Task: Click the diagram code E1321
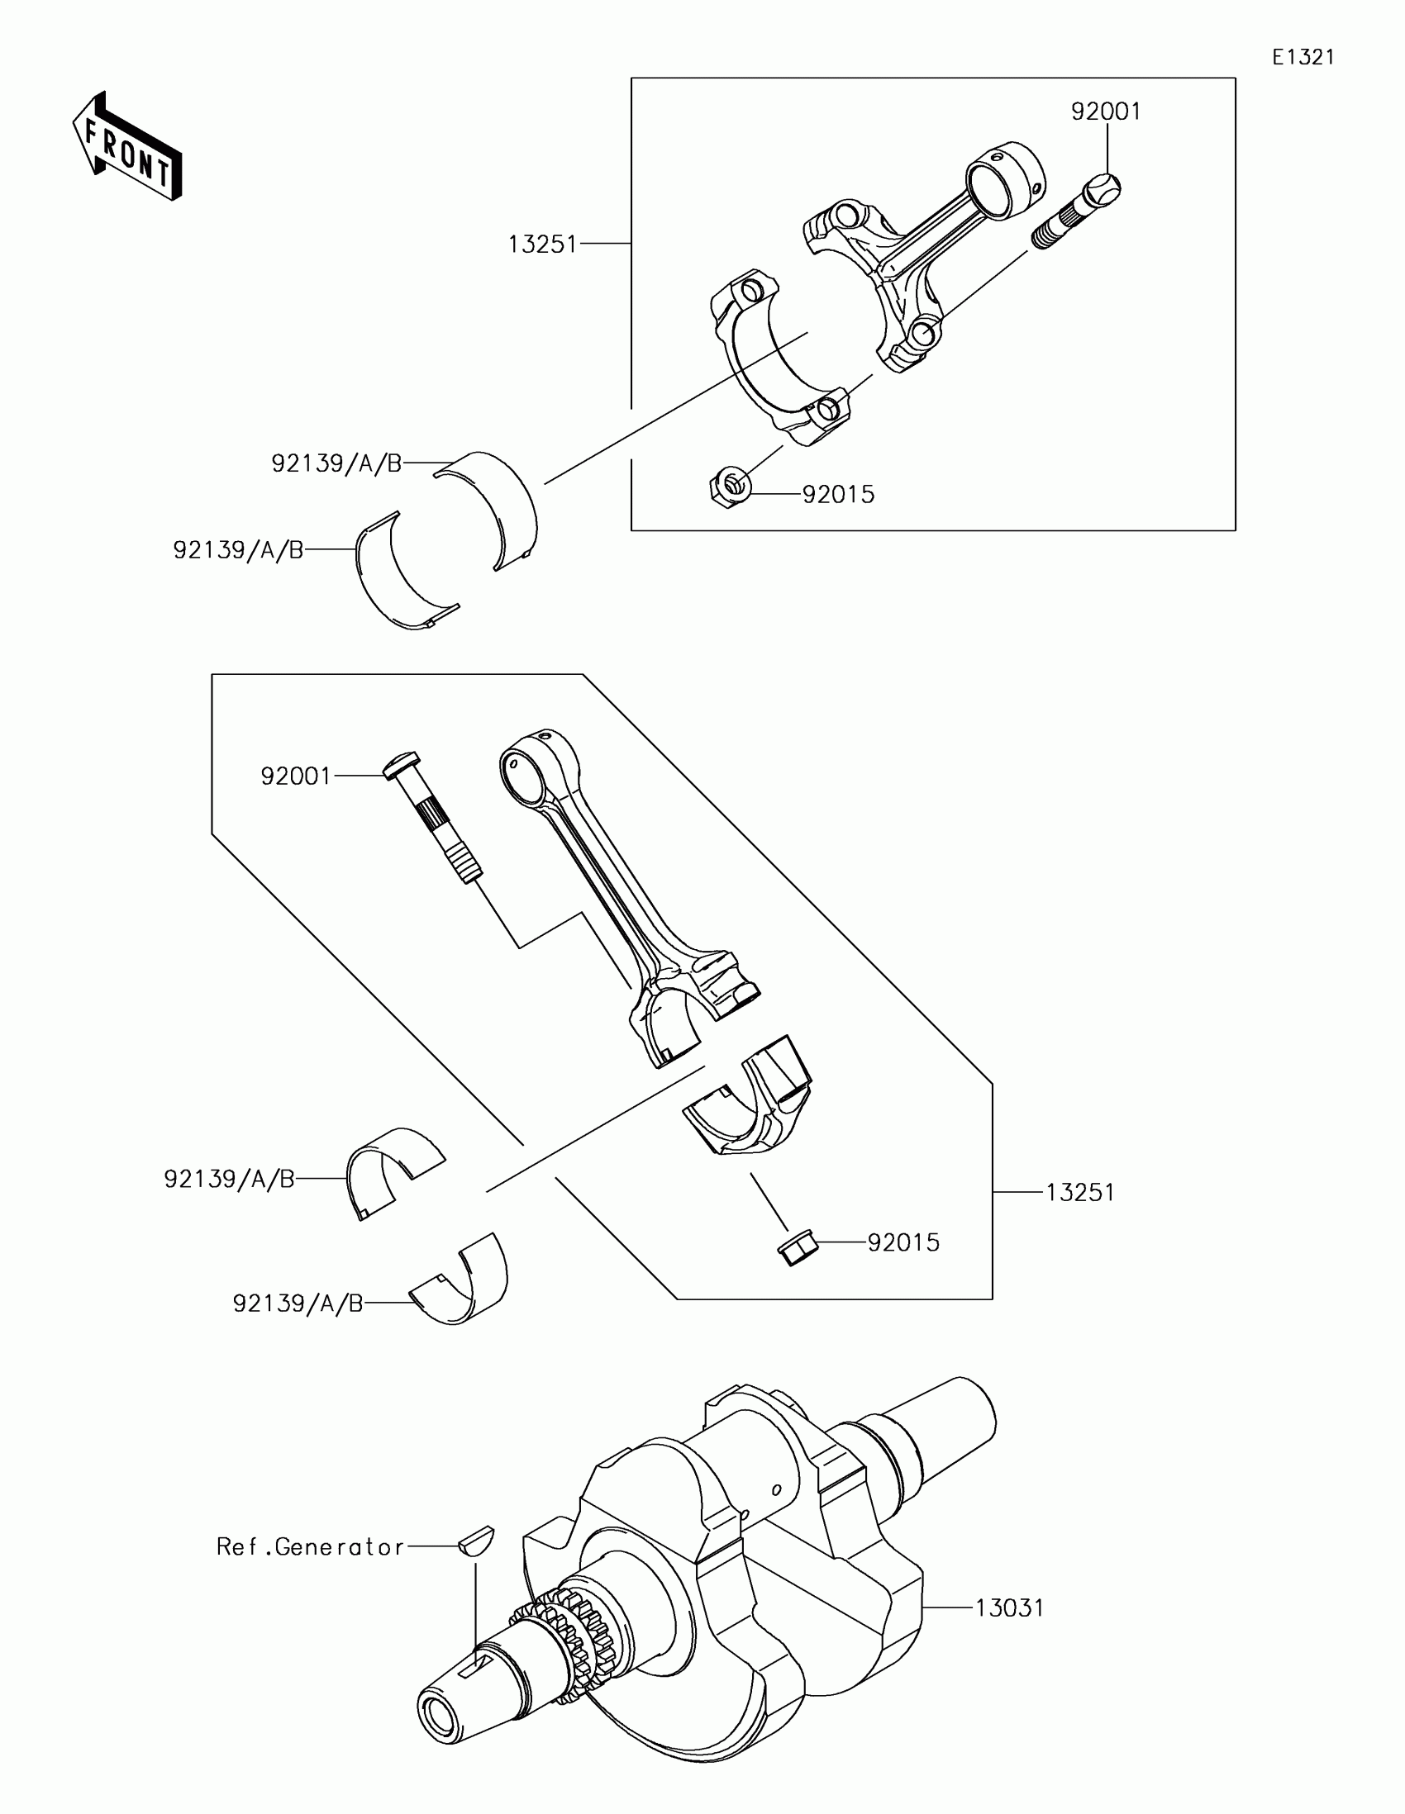click(x=1303, y=57)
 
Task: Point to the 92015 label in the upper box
click(x=838, y=494)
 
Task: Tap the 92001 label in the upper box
click(x=1106, y=112)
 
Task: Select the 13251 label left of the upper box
click(x=542, y=245)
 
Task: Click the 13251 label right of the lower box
click(x=1079, y=1193)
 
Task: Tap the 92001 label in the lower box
click(x=296, y=776)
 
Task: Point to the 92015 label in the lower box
click(x=903, y=1266)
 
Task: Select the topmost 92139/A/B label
click(x=336, y=463)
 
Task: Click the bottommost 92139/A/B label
click(x=298, y=1304)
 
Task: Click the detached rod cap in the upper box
click(x=781, y=357)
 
